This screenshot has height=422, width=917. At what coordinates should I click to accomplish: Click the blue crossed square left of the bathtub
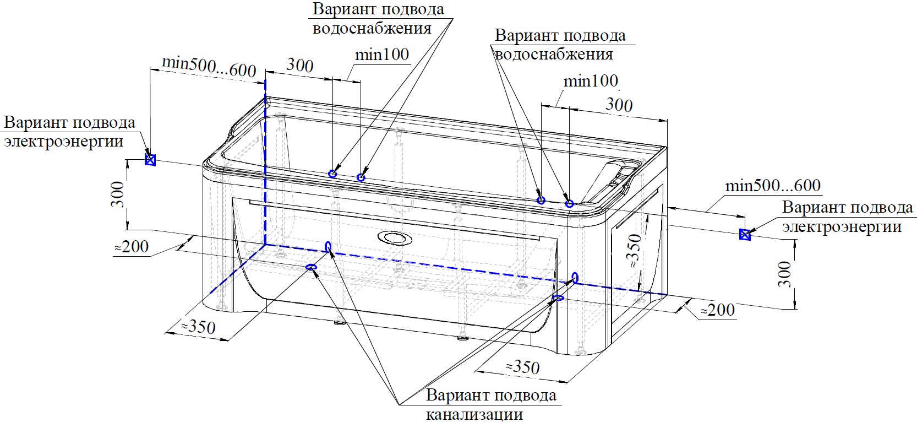(x=150, y=160)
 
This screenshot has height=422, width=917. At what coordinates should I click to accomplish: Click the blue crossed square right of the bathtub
(x=745, y=235)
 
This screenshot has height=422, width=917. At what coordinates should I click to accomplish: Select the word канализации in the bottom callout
(x=474, y=413)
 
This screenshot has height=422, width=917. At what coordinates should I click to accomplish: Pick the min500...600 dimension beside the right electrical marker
(x=772, y=186)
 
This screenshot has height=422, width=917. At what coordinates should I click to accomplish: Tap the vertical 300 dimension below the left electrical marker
(x=118, y=194)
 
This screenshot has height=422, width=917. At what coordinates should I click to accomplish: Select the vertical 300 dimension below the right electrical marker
(x=785, y=274)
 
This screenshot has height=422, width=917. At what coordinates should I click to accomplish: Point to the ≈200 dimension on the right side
(x=718, y=310)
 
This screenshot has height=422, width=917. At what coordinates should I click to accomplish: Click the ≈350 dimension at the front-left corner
(x=198, y=327)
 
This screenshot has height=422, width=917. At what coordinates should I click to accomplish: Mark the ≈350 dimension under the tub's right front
(x=522, y=367)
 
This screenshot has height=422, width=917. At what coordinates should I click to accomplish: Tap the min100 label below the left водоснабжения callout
(x=381, y=55)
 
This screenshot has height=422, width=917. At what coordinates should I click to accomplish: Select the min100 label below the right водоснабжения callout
(x=591, y=82)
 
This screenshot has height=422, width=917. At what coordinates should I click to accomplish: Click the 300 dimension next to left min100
(x=300, y=66)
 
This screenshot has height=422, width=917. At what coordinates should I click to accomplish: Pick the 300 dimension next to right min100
(x=619, y=105)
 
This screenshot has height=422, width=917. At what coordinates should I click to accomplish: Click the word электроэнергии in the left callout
(x=64, y=142)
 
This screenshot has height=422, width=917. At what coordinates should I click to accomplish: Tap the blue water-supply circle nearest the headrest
(x=569, y=204)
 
